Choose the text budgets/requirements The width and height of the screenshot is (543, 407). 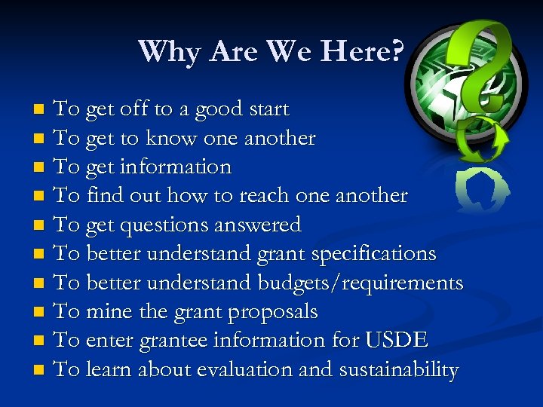point(360,283)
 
